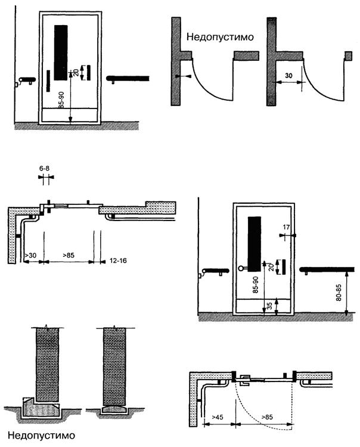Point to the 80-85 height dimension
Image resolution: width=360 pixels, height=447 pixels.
tap(337, 292)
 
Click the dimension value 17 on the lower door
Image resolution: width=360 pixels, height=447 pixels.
tap(289, 226)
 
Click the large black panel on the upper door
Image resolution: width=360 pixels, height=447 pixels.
tap(60, 52)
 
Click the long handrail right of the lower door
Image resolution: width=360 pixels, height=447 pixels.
tap(328, 269)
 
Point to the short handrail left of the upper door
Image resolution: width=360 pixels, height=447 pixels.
tap(25, 79)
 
